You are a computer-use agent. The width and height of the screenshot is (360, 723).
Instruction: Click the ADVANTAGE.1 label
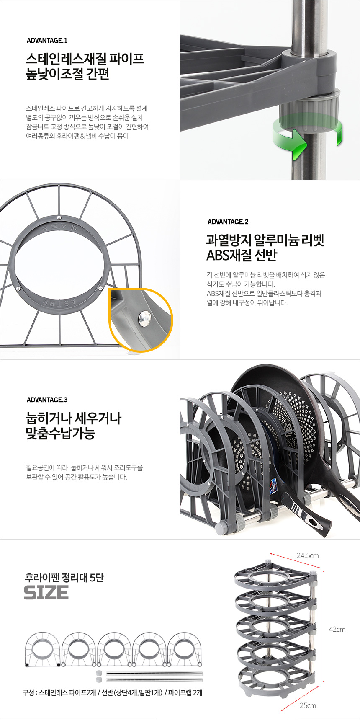click(47, 41)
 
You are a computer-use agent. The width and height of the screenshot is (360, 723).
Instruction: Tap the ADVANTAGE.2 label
click(228, 222)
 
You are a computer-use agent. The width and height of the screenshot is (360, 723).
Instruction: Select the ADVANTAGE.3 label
click(47, 400)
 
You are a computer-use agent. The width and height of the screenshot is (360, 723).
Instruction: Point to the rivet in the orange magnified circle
click(145, 319)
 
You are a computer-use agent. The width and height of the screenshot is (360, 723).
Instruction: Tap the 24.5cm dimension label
click(308, 555)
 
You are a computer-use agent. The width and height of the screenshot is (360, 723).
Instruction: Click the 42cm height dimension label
click(337, 629)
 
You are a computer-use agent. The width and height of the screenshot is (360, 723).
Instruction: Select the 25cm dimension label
click(308, 705)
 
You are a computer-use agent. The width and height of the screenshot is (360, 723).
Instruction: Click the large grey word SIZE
click(46, 593)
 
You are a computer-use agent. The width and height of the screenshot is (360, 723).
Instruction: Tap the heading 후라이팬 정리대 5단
click(64, 578)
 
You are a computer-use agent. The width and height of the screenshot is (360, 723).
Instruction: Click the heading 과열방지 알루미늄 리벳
click(265, 240)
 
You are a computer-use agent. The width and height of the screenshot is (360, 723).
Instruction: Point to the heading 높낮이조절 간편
click(67, 74)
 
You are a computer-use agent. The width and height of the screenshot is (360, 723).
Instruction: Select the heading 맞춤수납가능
click(61, 433)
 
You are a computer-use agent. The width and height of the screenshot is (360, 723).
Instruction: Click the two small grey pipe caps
click(99, 676)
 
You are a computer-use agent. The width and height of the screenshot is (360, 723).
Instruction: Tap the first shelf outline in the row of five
click(42, 649)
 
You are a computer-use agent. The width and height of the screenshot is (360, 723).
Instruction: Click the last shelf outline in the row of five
click(185, 649)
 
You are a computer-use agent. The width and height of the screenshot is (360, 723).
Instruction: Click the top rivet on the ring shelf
click(59, 217)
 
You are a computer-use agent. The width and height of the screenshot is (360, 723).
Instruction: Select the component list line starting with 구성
click(113, 692)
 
